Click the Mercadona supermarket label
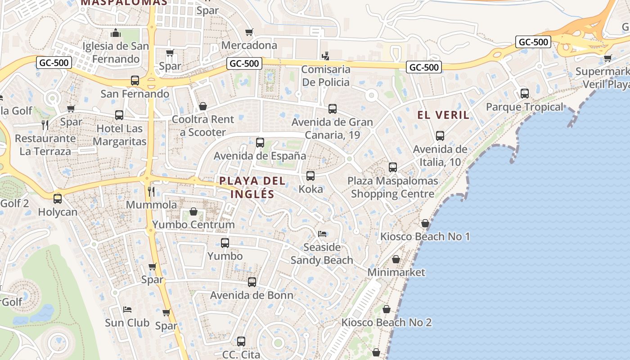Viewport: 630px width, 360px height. tap(249, 45)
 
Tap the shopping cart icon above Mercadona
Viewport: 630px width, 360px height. tap(249, 32)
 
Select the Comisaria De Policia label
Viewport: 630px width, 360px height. tap(325, 76)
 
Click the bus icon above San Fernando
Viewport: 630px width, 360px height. tap(135, 81)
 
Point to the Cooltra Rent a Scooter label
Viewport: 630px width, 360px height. tap(203, 126)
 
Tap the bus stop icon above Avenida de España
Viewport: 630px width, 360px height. tap(260, 143)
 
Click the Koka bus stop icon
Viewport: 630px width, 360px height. tap(310, 176)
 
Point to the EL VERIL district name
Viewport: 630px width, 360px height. tap(443, 115)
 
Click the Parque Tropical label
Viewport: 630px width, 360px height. tap(525, 107)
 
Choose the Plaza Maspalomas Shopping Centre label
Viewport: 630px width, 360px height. tap(392, 187)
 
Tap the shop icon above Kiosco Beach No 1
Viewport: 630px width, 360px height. tap(425, 223)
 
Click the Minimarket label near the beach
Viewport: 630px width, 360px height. tap(396, 272)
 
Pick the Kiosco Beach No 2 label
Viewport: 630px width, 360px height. tap(386, 322)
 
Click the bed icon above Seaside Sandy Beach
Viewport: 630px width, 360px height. tap(322, 234)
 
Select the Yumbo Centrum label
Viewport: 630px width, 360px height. tap(193, 224)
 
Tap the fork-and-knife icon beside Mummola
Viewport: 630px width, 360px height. tap(151, 192)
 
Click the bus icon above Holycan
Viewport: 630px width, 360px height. tap(58, 198)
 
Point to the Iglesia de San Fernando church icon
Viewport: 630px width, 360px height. tap(116, 33)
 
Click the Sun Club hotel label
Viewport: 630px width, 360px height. tap(127, 323)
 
